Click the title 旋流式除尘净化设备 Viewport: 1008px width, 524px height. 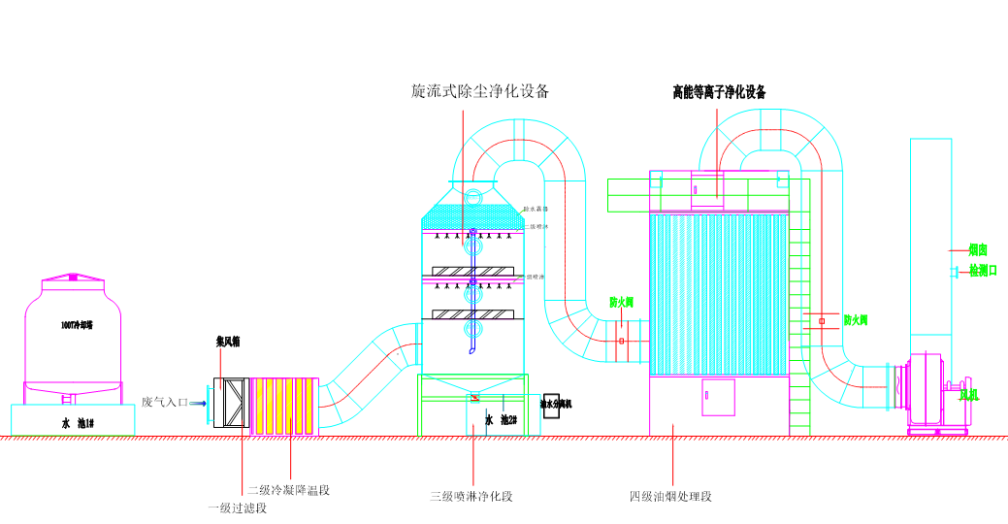coord(480,92)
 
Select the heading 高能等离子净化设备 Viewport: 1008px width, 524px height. coord(719,93)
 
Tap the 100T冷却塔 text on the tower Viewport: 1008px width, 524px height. coord(77,325)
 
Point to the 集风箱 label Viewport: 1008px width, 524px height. coord(228,342)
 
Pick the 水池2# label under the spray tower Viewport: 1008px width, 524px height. coord(500,420)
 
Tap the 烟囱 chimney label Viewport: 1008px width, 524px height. coord(977,249)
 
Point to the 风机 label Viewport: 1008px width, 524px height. coord(967,395)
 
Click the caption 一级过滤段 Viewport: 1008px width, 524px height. coord(238,508)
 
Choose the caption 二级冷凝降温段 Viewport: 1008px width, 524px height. coord(288,490)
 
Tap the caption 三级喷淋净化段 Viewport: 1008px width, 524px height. coord(471,497)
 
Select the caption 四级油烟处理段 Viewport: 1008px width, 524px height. coord(670,497)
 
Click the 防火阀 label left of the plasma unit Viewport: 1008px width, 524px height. coord(621,303)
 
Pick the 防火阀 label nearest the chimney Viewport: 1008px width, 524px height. coord(855,319)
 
